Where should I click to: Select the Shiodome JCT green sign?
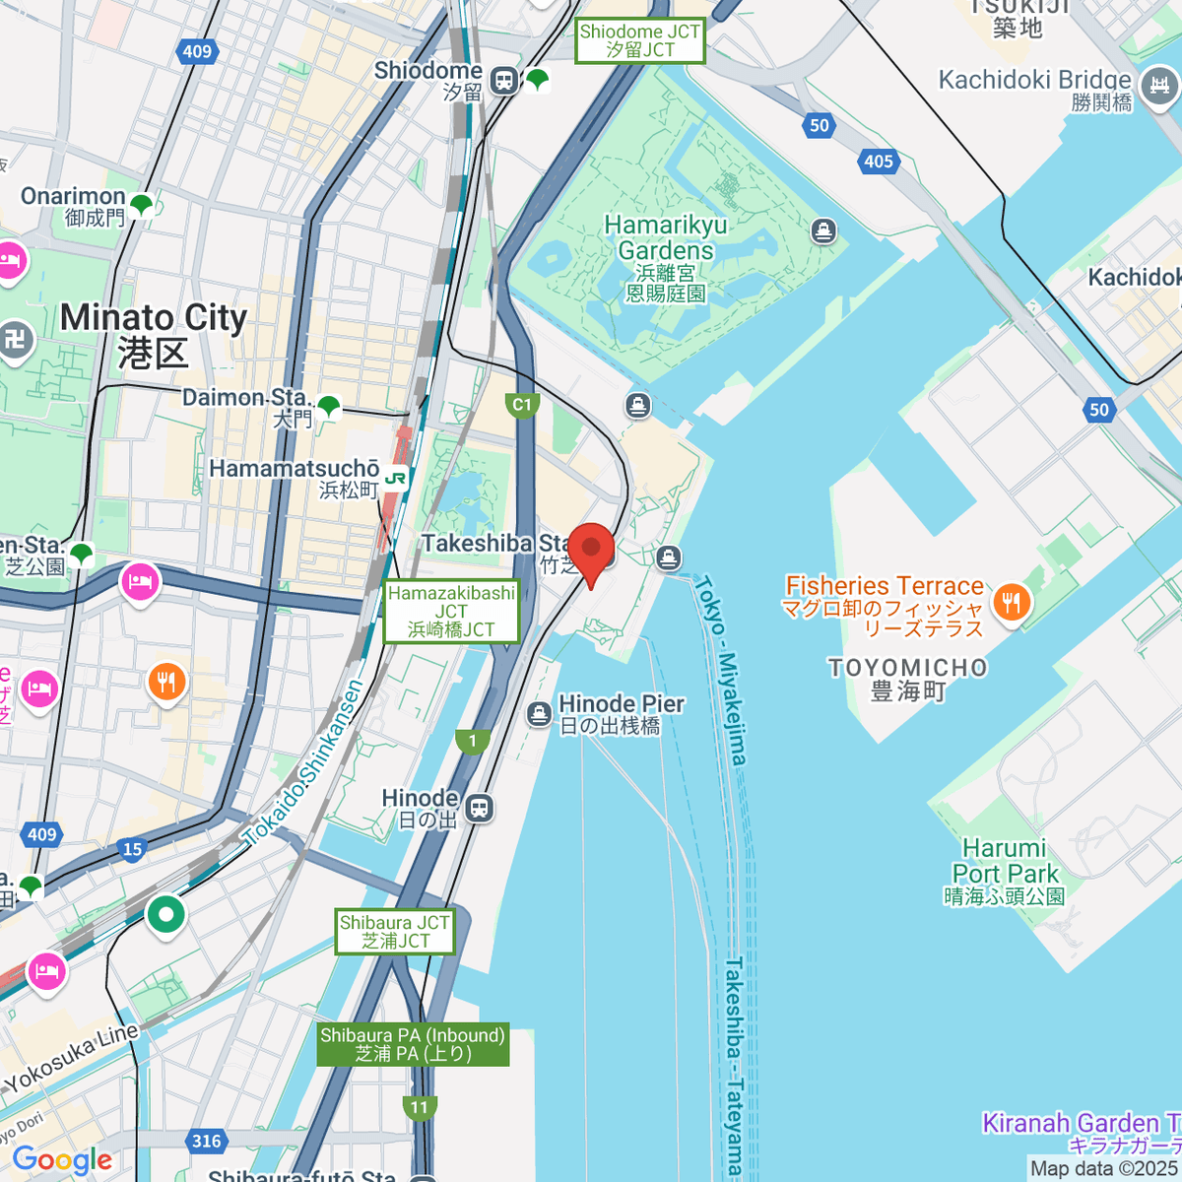(640, 40)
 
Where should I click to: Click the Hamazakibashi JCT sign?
(451, 611)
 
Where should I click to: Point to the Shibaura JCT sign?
(394, 931)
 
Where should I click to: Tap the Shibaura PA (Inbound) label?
(413, 1044)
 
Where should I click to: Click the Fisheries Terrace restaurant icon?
(1012, 601)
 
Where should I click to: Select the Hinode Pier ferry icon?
(539, 714)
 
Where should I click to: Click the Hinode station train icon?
(480, 808)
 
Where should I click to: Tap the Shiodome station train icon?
(504, 81)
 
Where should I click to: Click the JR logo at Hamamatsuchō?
(396, 479)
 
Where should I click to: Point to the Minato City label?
(153, 333)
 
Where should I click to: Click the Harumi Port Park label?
(1005, 872)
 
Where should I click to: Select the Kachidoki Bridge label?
(1034, 90)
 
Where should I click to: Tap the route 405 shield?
(879, 162)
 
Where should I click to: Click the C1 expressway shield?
(522, 405)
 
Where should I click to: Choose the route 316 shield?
(206, 1141)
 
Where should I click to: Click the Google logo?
(61, 1160)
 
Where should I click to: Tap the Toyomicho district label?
(907, 679)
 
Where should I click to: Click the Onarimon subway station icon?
(142, 205)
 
